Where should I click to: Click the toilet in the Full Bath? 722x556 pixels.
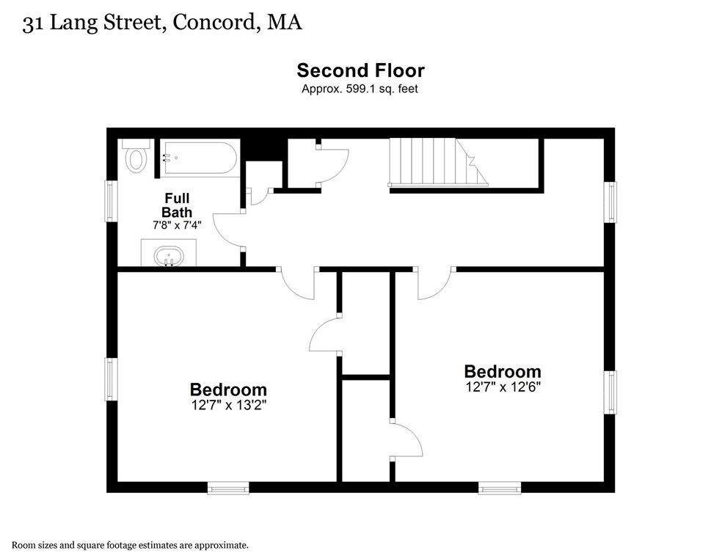pyautogui.click(x=136, y=157)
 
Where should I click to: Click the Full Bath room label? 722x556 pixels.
pyautogui.click(x=177, y=205)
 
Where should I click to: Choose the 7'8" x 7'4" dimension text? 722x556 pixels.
pyautogui.click(x=177, y=225)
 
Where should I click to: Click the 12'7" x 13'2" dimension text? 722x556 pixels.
pyautogui.click(x=228, y=405)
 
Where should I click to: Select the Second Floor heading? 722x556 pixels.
pyautogui.click(x=360, y=70)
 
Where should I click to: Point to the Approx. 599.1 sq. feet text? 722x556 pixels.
pyautogui.click(x=360, y=89)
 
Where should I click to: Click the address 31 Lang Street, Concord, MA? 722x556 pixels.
pyautogui.click(x=162, y=23)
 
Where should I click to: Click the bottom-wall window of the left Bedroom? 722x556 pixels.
pyautogui.click(x=227, y=487)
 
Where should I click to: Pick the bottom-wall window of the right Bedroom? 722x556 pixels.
pyautogui.click(x=500, y=487)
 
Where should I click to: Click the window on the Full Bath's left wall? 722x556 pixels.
pyautogui.click(x=112, y=201)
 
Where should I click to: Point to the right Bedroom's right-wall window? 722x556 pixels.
pyautogui.click(x=610, y=392)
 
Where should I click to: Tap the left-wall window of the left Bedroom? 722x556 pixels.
pyautogui.click(x=112, y=379)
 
